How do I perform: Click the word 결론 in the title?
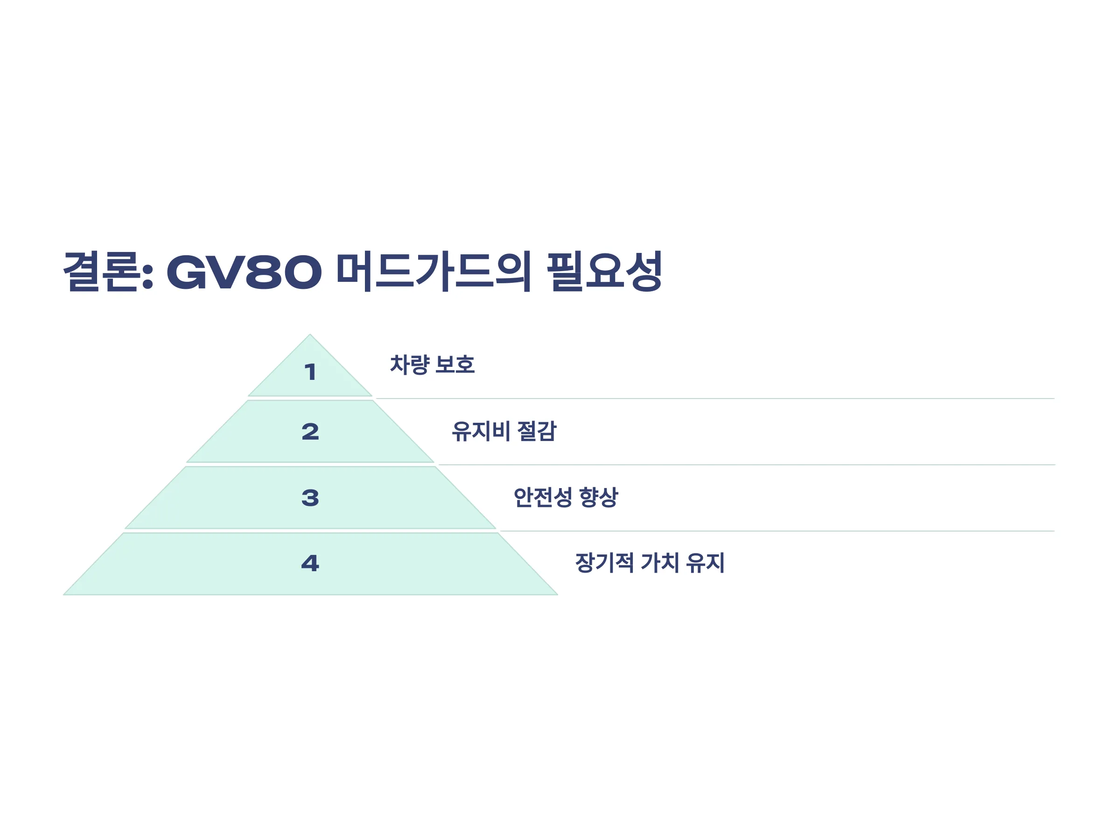100,272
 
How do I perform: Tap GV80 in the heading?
244,273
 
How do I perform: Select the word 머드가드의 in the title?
434,272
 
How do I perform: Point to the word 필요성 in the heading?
604,272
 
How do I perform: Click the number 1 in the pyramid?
310,372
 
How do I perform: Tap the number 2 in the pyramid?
310,431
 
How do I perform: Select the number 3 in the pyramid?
310,498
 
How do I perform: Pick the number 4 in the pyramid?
310,563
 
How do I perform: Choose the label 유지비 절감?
504,431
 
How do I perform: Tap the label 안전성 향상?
566,497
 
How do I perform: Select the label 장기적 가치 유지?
650,562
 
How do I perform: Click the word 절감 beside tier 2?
537,431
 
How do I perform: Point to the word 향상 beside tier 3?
598,497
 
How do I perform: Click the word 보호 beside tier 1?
455,364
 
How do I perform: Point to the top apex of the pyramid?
310,335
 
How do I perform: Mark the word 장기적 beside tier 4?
604,562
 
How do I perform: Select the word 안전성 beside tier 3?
543,497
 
